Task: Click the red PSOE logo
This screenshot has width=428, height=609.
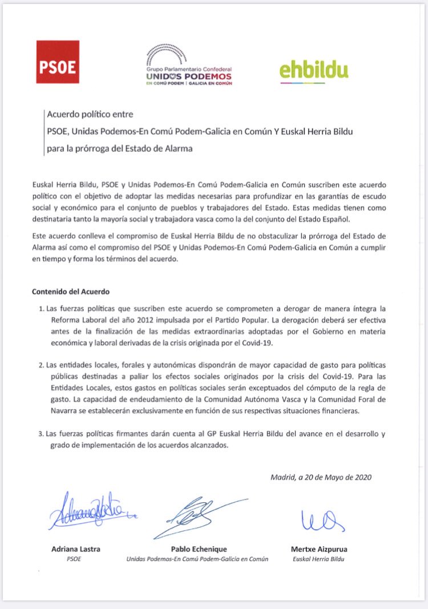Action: click(x=58, y=62)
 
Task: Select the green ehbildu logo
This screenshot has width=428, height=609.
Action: click(x=314, y=70)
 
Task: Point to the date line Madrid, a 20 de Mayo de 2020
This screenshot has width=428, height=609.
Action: click(x=321, y=477)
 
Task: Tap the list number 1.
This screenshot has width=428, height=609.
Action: click(x=41, y=309)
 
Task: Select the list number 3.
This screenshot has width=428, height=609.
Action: click(x=41, y=434)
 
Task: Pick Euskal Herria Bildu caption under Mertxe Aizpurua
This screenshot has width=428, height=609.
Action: click(x=318, y=559)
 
